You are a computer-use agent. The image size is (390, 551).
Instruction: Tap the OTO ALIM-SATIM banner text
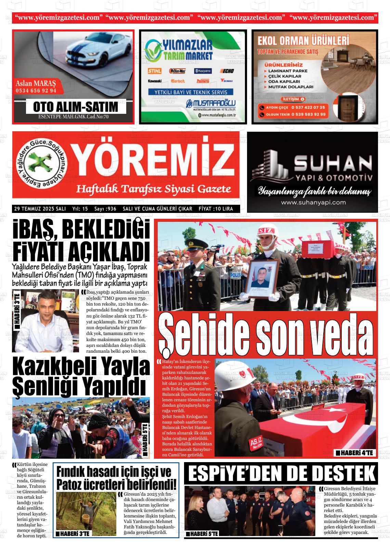[x=76, y=107]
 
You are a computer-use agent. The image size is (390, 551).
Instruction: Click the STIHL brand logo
[x=154, y=71]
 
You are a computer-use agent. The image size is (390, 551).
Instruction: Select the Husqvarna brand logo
[x=203, y=71]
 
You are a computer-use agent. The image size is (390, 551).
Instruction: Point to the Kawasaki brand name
[x=155, y=81]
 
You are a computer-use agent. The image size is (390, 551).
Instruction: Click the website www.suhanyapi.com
[x=313, y=202]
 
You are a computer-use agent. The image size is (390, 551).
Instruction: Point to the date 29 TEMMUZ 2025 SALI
[x=40, y=209]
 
